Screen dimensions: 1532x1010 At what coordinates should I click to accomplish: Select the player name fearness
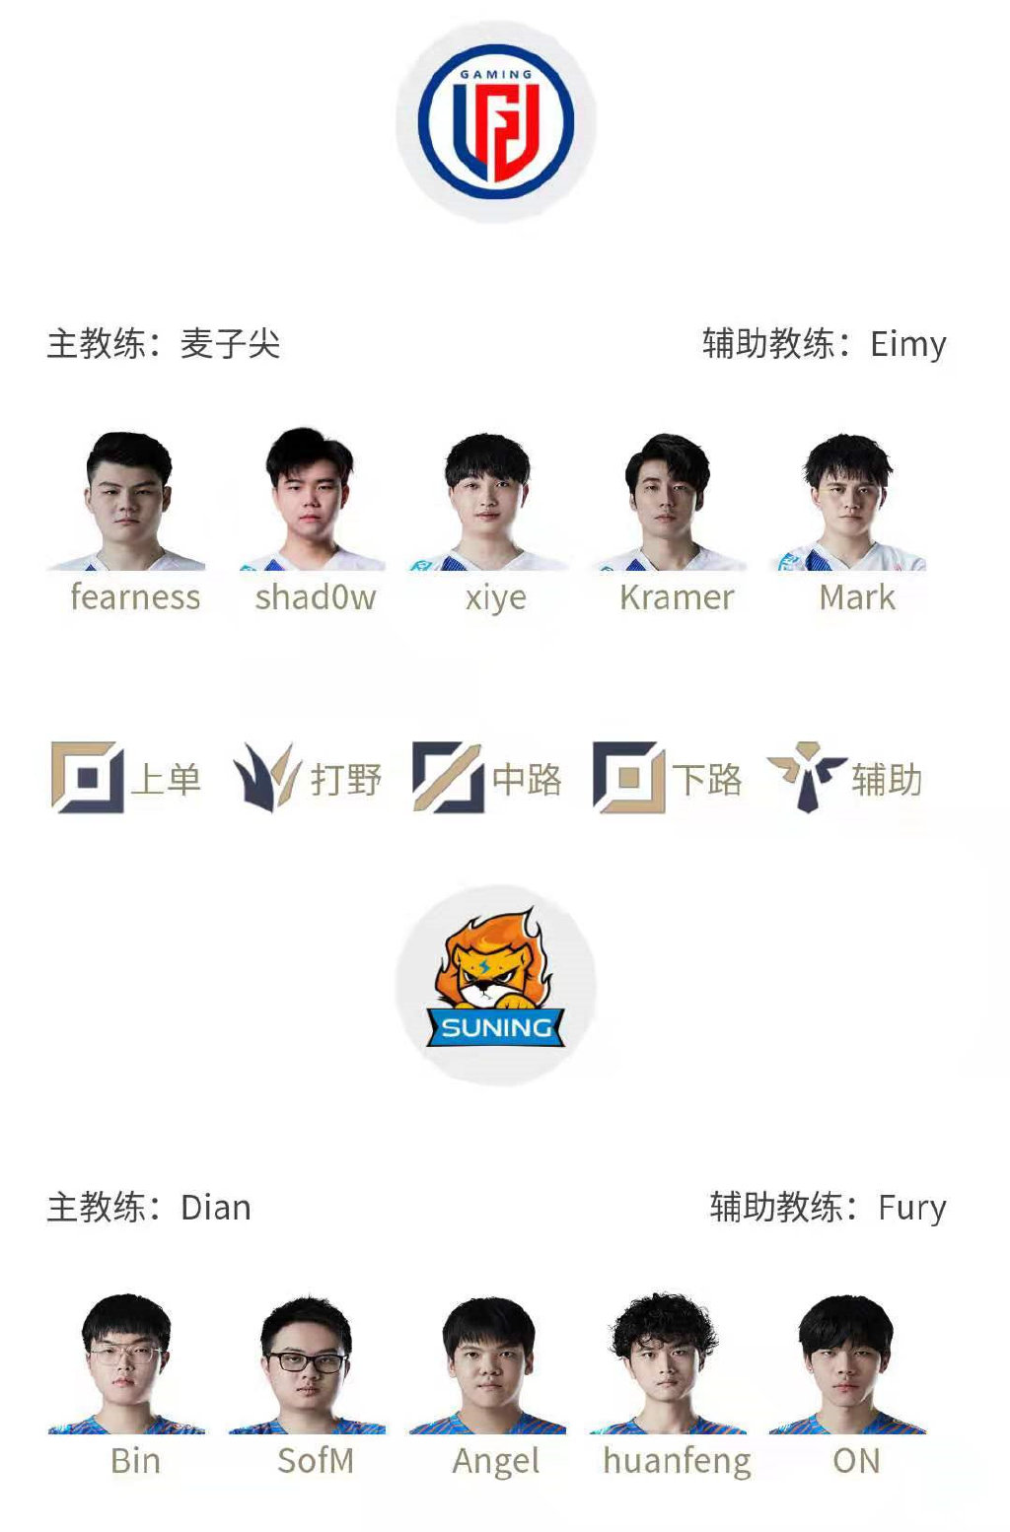tap(135, 597)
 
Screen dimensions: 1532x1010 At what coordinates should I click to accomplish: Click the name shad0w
tap(316, 597)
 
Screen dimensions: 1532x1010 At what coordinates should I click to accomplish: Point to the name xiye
tap(496, 598)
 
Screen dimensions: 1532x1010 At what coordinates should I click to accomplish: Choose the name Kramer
tap(677, 597)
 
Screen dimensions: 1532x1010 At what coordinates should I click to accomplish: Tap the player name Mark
tap(857, 597)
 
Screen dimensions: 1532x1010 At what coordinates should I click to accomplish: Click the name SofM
tap(316, 1460)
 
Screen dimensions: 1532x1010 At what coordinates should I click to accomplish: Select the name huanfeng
tap(677, 1461)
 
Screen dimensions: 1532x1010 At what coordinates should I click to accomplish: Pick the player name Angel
tap(496, 1461)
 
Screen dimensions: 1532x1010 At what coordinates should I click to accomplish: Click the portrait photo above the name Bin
tap(126, 1365)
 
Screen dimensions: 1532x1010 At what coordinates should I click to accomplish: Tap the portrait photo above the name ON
tap(847, 1365)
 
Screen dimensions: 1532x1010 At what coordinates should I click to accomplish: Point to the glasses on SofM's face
tap(307, 1362)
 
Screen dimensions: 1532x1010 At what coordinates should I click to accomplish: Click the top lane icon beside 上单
tap(87, 778)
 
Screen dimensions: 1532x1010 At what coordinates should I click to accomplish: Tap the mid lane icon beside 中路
tap(448, 778)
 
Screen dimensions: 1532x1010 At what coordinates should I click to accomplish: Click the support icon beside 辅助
tap(807, 777)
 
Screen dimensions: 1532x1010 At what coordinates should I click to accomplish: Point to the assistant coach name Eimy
tap(907, 344)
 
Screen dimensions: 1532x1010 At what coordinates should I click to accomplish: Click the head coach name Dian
tap(216, 1208)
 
